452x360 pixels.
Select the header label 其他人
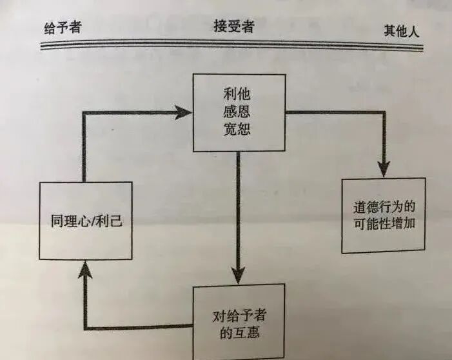coord(402,30)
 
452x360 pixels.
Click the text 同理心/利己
coord(86,223)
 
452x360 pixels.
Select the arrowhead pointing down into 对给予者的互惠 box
coord(239,274)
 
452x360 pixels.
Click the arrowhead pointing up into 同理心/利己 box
coord(84,270)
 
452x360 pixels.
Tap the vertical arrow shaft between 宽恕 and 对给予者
coord(239,206)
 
